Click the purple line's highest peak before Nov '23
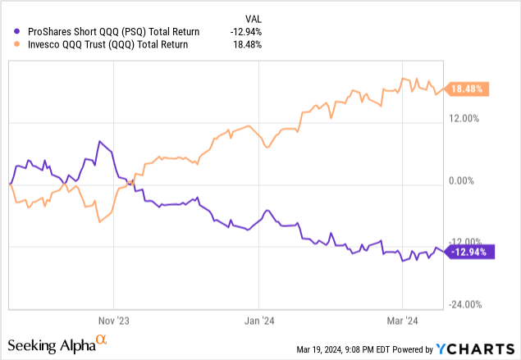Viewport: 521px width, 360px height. coord(99,141)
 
